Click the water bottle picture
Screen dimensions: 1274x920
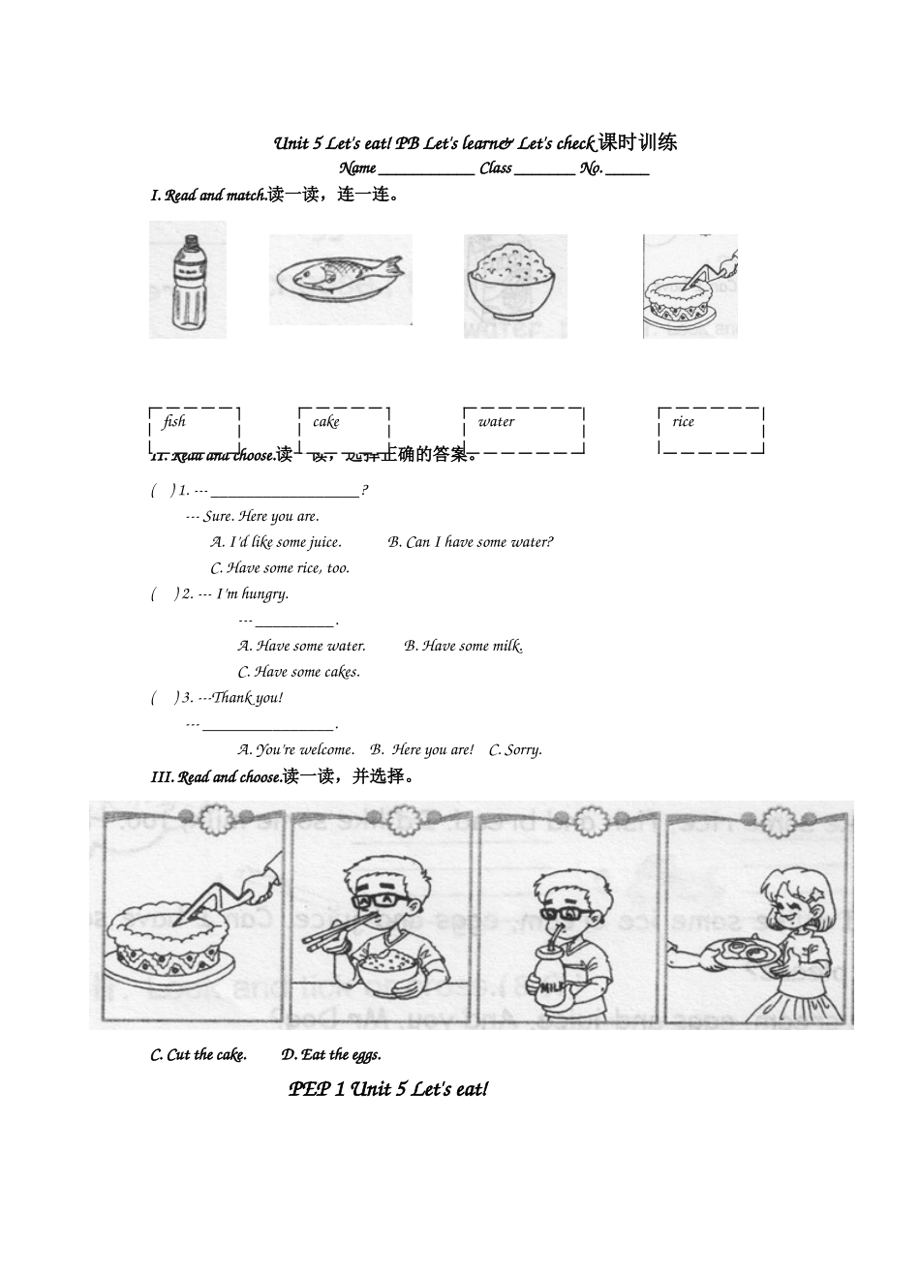pyautogui.click(x=188, y=281)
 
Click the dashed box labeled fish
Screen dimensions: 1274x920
pyautogui.click(x=195, y=429)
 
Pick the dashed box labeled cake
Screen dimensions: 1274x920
pyautogui.click(x=344, y=429)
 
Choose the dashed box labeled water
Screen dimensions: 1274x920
pyautogui.click(x=523, y=429)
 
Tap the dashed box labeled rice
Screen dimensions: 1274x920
pyautogui.click(x=711, y=429)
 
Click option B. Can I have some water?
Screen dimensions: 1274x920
pyautogui.click(x=471, y=542)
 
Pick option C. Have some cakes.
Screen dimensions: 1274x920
pyautogui.click(x=298, y=672)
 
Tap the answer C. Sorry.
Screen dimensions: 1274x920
pyautogui.click(x=515, y=749)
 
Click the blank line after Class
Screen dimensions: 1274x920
pyautogui.click(x=544, y=169)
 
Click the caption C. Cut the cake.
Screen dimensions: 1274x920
pyautogui.click(x=199, y=1055)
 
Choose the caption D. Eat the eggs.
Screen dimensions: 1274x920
pyautogui.click(x=331, y=1055)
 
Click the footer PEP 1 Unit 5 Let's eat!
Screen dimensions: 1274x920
pyautogui.click(x=388, y=1090)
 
